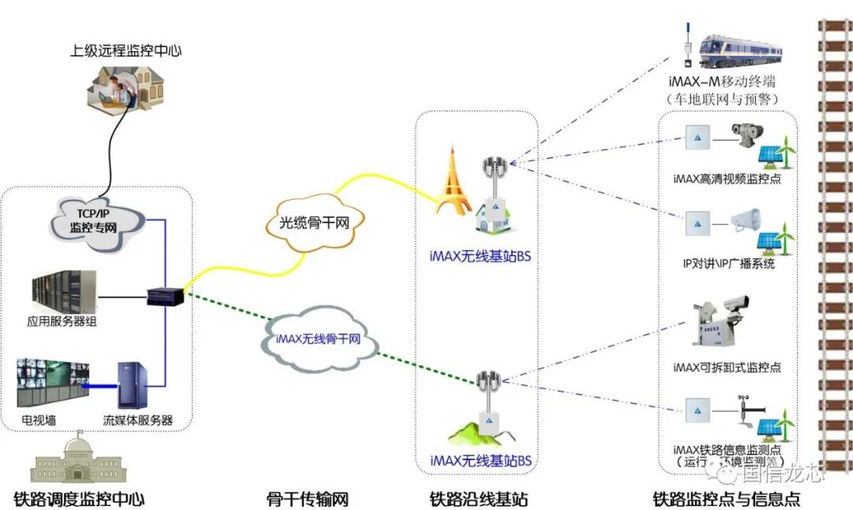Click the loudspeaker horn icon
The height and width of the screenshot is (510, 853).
point(744,223)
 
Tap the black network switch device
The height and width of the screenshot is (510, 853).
point(166,297)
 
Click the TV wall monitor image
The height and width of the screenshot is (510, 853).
point(54,384)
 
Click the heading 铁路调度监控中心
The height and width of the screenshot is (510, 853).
point(79,499)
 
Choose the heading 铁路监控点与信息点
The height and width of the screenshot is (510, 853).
point(726,499)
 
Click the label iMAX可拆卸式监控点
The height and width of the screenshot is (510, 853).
point(727,367)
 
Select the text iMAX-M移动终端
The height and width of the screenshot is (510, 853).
point(722,82)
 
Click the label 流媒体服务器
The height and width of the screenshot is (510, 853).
point(138,420)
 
